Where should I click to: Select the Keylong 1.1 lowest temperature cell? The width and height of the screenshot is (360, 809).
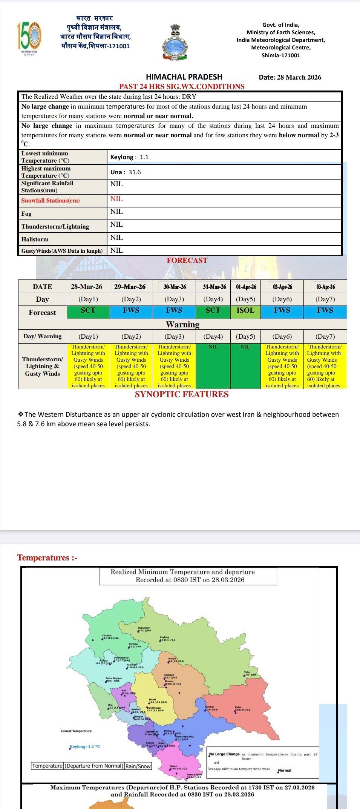click(129, 157)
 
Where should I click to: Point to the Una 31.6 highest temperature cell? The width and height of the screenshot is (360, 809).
click(126, 172)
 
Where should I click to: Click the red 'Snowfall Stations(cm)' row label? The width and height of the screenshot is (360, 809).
click(51, 200)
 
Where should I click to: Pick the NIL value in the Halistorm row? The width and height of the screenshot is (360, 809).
click(116, 238)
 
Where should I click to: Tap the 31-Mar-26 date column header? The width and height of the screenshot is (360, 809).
click(214, 287)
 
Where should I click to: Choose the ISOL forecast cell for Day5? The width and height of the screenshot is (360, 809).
click(245, 310)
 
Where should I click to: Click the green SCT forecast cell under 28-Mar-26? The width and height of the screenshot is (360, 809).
click(88, 310)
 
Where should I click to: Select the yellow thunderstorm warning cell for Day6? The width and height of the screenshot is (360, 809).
click(282, 366)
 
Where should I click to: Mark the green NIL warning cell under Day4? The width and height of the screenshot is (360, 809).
click(213, 366)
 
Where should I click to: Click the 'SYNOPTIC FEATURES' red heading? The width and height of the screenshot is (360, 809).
click(182, 395)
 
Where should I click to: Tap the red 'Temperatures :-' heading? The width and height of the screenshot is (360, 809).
click(47, 557)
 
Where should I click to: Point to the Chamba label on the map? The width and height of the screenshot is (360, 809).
click(107, 636)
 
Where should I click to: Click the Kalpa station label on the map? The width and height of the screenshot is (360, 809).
click(238, 707)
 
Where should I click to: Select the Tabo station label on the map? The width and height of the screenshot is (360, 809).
click(247, 672)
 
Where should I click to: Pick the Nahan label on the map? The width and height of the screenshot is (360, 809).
click(173, 766)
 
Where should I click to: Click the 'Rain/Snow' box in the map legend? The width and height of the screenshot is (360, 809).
click(138, 766)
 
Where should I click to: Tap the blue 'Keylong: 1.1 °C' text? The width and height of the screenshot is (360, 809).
click(85, 746)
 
